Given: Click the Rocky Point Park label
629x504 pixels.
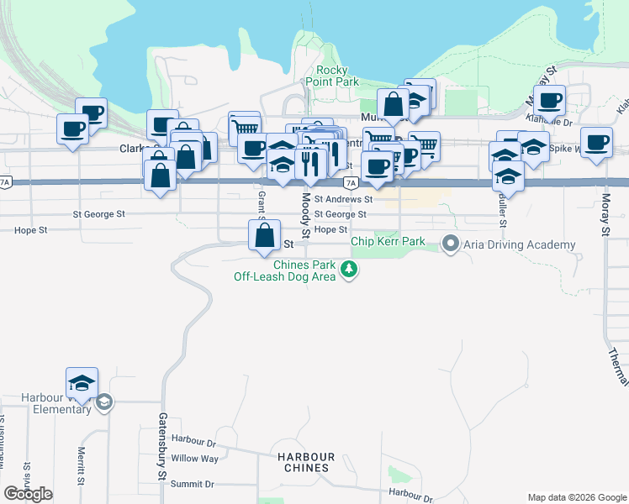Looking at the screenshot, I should point(337,76).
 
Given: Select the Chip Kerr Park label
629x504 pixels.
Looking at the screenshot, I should point(388,241).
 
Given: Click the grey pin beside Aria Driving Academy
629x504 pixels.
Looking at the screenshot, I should point(450,244).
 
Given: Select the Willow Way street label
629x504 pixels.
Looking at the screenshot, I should point(194,459).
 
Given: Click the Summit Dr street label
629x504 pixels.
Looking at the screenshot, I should point(192,484).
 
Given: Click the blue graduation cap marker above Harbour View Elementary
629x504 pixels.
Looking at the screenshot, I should point(82,384).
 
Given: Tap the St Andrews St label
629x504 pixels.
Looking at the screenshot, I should point(343,199).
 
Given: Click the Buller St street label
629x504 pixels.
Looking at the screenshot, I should point(502,211).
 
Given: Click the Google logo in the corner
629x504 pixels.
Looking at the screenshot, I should point(28,494).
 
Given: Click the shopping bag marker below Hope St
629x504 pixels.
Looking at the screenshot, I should point(265,236).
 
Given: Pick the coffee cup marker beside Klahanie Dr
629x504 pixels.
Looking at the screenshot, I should point(549,102).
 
